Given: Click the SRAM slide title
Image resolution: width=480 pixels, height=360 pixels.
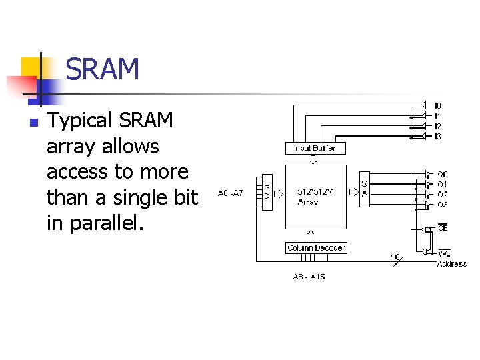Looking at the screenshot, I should pyautogui.click(x=103, y=69).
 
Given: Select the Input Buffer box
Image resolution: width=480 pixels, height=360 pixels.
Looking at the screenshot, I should pyautogui.click(x=315, y=148).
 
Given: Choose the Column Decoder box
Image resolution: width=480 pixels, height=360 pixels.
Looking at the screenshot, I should pyautogui.click(x=316, y=248).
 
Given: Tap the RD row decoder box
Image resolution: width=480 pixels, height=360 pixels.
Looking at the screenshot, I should pyautogui.click(x=267, y=191).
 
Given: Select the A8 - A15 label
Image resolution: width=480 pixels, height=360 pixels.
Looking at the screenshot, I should pyautogui.click(x=309, y=276).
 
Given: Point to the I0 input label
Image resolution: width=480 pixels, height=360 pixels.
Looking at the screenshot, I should pyautogui.click(x=437, y=105).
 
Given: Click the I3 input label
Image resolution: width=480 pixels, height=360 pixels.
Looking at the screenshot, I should pyautogui.click(x=437, y=137).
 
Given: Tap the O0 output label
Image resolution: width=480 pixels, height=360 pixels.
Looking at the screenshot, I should pyautogui.click(x=442, y=175).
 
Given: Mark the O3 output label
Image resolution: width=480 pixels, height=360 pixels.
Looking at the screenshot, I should pyautogui.click(x=442, y=205).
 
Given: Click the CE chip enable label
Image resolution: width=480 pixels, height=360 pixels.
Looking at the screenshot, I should pyautogui.click(x=443, y=229).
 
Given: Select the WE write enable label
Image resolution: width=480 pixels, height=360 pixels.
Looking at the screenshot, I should pyautogui.click(x=444, y=253).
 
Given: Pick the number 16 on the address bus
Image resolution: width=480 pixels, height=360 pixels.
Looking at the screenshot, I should pyautogui.click(x=395, y=257).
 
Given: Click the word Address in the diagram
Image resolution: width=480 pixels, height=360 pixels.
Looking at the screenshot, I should pyautogui.click(x=451, y=264).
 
